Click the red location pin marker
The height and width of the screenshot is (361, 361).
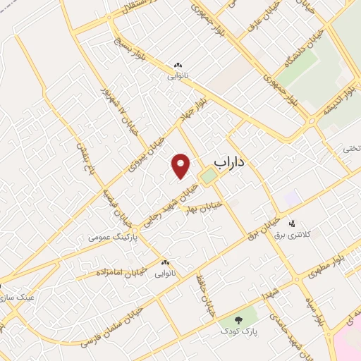point(182,166)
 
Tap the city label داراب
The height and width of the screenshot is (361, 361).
point(228,162)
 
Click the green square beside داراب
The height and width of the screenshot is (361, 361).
point(207,176)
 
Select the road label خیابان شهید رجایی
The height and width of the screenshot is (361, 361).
point(168,202)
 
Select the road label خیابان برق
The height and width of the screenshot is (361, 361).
point(258,228)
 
